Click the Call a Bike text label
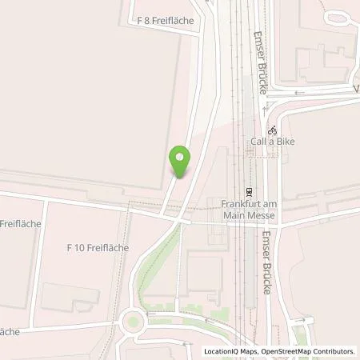[271, 141]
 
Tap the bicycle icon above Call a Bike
[272, 129]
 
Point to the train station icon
[250, 192]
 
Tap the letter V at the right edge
[356, 87]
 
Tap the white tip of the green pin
[180, 156]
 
